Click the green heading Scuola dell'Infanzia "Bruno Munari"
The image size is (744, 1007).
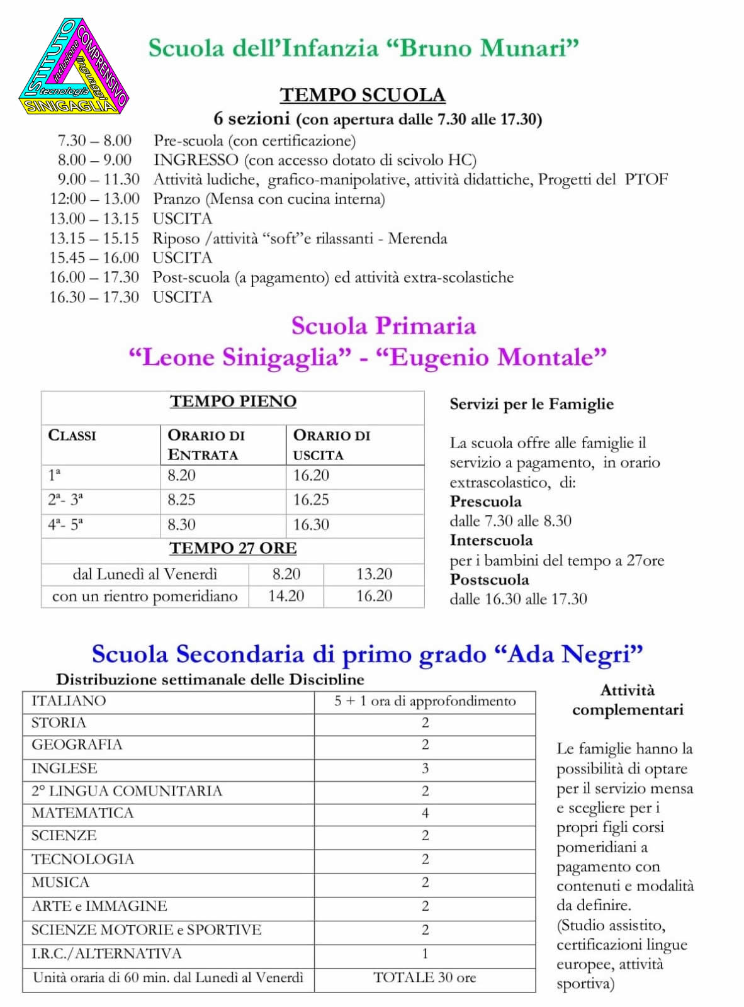pyautogui.click(x=363, y=48)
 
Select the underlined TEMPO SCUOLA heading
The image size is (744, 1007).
pyautogui.click(x=363, y=95)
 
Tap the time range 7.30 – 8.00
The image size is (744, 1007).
pyautogui.click(x=94, y=140)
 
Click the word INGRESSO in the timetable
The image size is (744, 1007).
pyautogui.click(x=196, y=160)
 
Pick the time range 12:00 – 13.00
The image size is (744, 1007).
pyautogui.click(x=94, y=200)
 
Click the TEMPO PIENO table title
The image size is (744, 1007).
pyautogui.click(x=233, y=402)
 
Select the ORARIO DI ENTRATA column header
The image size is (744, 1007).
pyautogui.click(x=206, y=444)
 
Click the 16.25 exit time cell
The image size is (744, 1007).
pyautogui.click(x=311, y=500)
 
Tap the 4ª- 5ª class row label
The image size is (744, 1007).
pyautogui.click(x=65, y=524)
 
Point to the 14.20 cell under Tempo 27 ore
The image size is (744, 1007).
pyautogui.click(x=286, y=596)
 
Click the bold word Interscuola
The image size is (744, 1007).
pyautogui.click(x=491, y=541)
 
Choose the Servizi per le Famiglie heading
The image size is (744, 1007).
pyautogui.click(x=531, y=404)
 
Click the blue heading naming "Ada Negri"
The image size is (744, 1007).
pyautogui.click(x=367, y=655)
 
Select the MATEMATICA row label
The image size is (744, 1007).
pyautogui.click(x=82, y=813)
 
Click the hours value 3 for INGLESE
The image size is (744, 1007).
pyautogui.click(x=425, y=768)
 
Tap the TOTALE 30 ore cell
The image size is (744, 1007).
pyautogui.click(x=425, y=977)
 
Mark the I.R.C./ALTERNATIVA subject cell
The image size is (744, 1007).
pyautogui.click(x=106, y=954)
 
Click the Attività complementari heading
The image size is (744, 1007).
pyautogui.click(x=628, y=700)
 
